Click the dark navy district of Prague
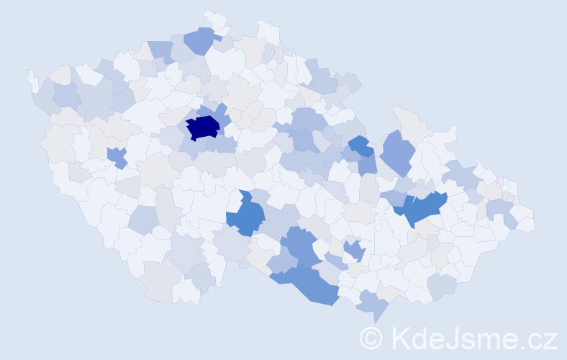pyautogui.click(x=203, y=127)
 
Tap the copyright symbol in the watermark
pyautogui.click(x=372, y=338)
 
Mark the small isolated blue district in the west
pyautogui.click(x=117, y=156)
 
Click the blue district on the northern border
pyautogui.click(x=200, y=40)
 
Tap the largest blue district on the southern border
pyautogui.click(x=309, y=282)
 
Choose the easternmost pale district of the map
pyautogui.click(x=524, y=219)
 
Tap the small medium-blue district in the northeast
pyautogui.click(x=360, y=145)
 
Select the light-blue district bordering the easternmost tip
pyautogui.click(x=500, y=210)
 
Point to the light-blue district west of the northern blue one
pyautogui.click(x=161, y=50)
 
